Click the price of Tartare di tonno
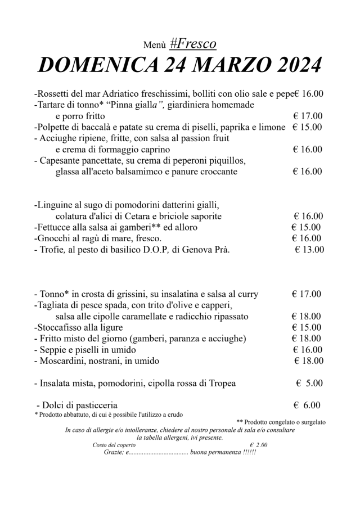click(307, 116)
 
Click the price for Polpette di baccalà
click(307, 127)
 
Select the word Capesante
click(64, 160)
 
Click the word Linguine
click(55, 205)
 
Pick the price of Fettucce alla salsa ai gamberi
click(306, 227)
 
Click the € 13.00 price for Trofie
click(309, 250)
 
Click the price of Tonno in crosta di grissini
click(307, 294)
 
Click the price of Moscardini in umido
click(308, 361)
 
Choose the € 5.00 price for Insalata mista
click(309, 384)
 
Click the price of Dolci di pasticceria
click(307, 405)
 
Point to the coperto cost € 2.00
click(259, 445)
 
